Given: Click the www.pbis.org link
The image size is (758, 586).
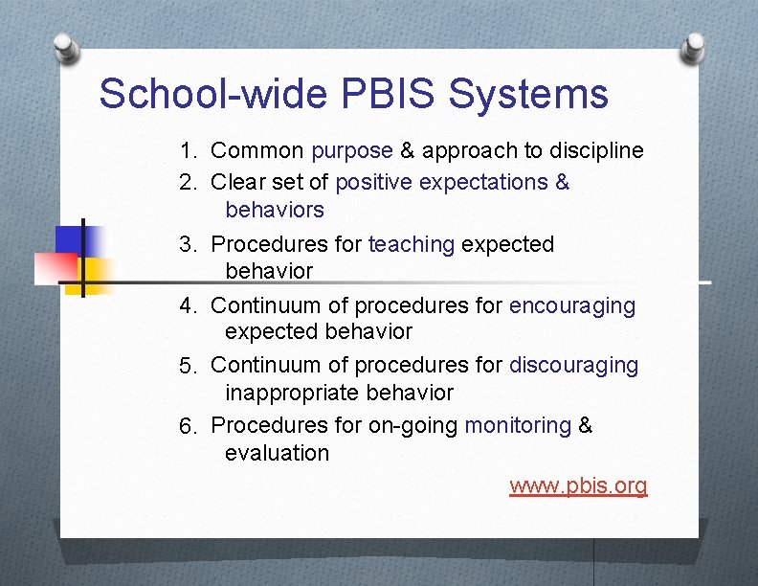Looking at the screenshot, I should (x=578, y=486).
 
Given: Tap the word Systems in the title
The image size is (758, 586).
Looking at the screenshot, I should (x=527, y=95).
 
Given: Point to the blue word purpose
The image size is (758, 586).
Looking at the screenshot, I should (x=351, y=151).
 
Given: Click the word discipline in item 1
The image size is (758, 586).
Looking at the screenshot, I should (x=596, y=151).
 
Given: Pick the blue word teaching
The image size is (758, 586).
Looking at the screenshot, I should (x=411, y=245).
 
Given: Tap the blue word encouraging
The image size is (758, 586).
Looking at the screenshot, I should (x=571, y=306).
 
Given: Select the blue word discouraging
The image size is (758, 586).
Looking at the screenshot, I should (x=573, y=366).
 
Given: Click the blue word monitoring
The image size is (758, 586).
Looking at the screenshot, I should (x=517, y=425).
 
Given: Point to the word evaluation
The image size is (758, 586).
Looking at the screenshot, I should (x=277, y=454).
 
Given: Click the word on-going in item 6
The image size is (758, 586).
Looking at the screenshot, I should (x=412, y=425).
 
